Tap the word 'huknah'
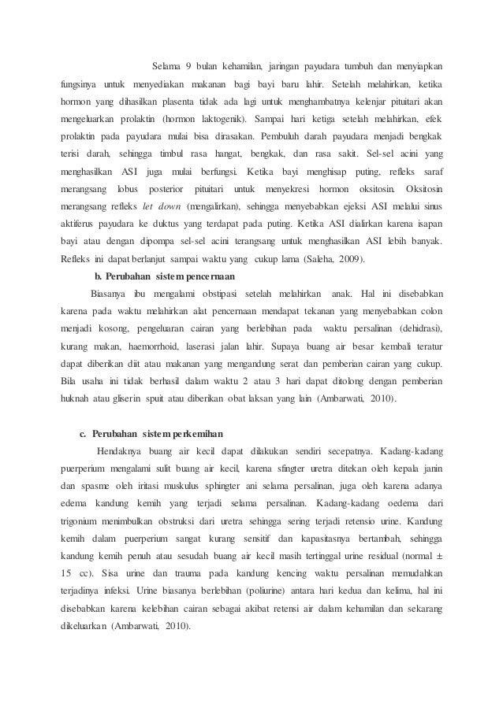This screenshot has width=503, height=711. coord(78,398)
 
